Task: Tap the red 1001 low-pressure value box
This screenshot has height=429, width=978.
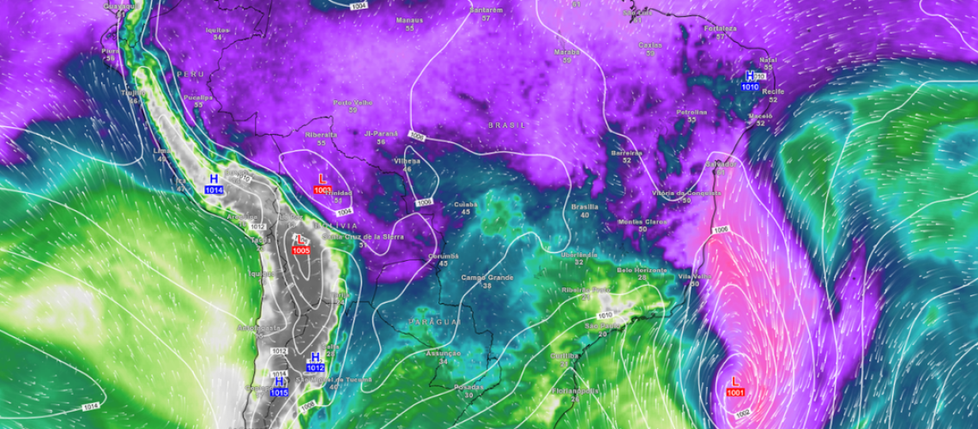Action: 736,392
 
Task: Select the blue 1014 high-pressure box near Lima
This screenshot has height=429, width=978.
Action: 214,190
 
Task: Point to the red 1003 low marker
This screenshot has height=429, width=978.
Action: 323,190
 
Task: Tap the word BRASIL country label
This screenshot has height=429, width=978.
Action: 505,125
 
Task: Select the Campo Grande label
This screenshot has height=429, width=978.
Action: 486,277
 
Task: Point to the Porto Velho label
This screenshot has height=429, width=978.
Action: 353,102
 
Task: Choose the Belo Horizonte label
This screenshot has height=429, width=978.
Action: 642,269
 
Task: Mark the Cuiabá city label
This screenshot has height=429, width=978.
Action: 466,204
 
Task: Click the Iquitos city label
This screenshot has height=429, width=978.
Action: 218,29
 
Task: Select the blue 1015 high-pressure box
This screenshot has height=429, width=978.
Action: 279,392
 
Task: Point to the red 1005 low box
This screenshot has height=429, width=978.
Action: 301,250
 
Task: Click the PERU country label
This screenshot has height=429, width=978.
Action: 190,75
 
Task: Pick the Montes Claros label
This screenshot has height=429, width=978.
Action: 642,221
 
